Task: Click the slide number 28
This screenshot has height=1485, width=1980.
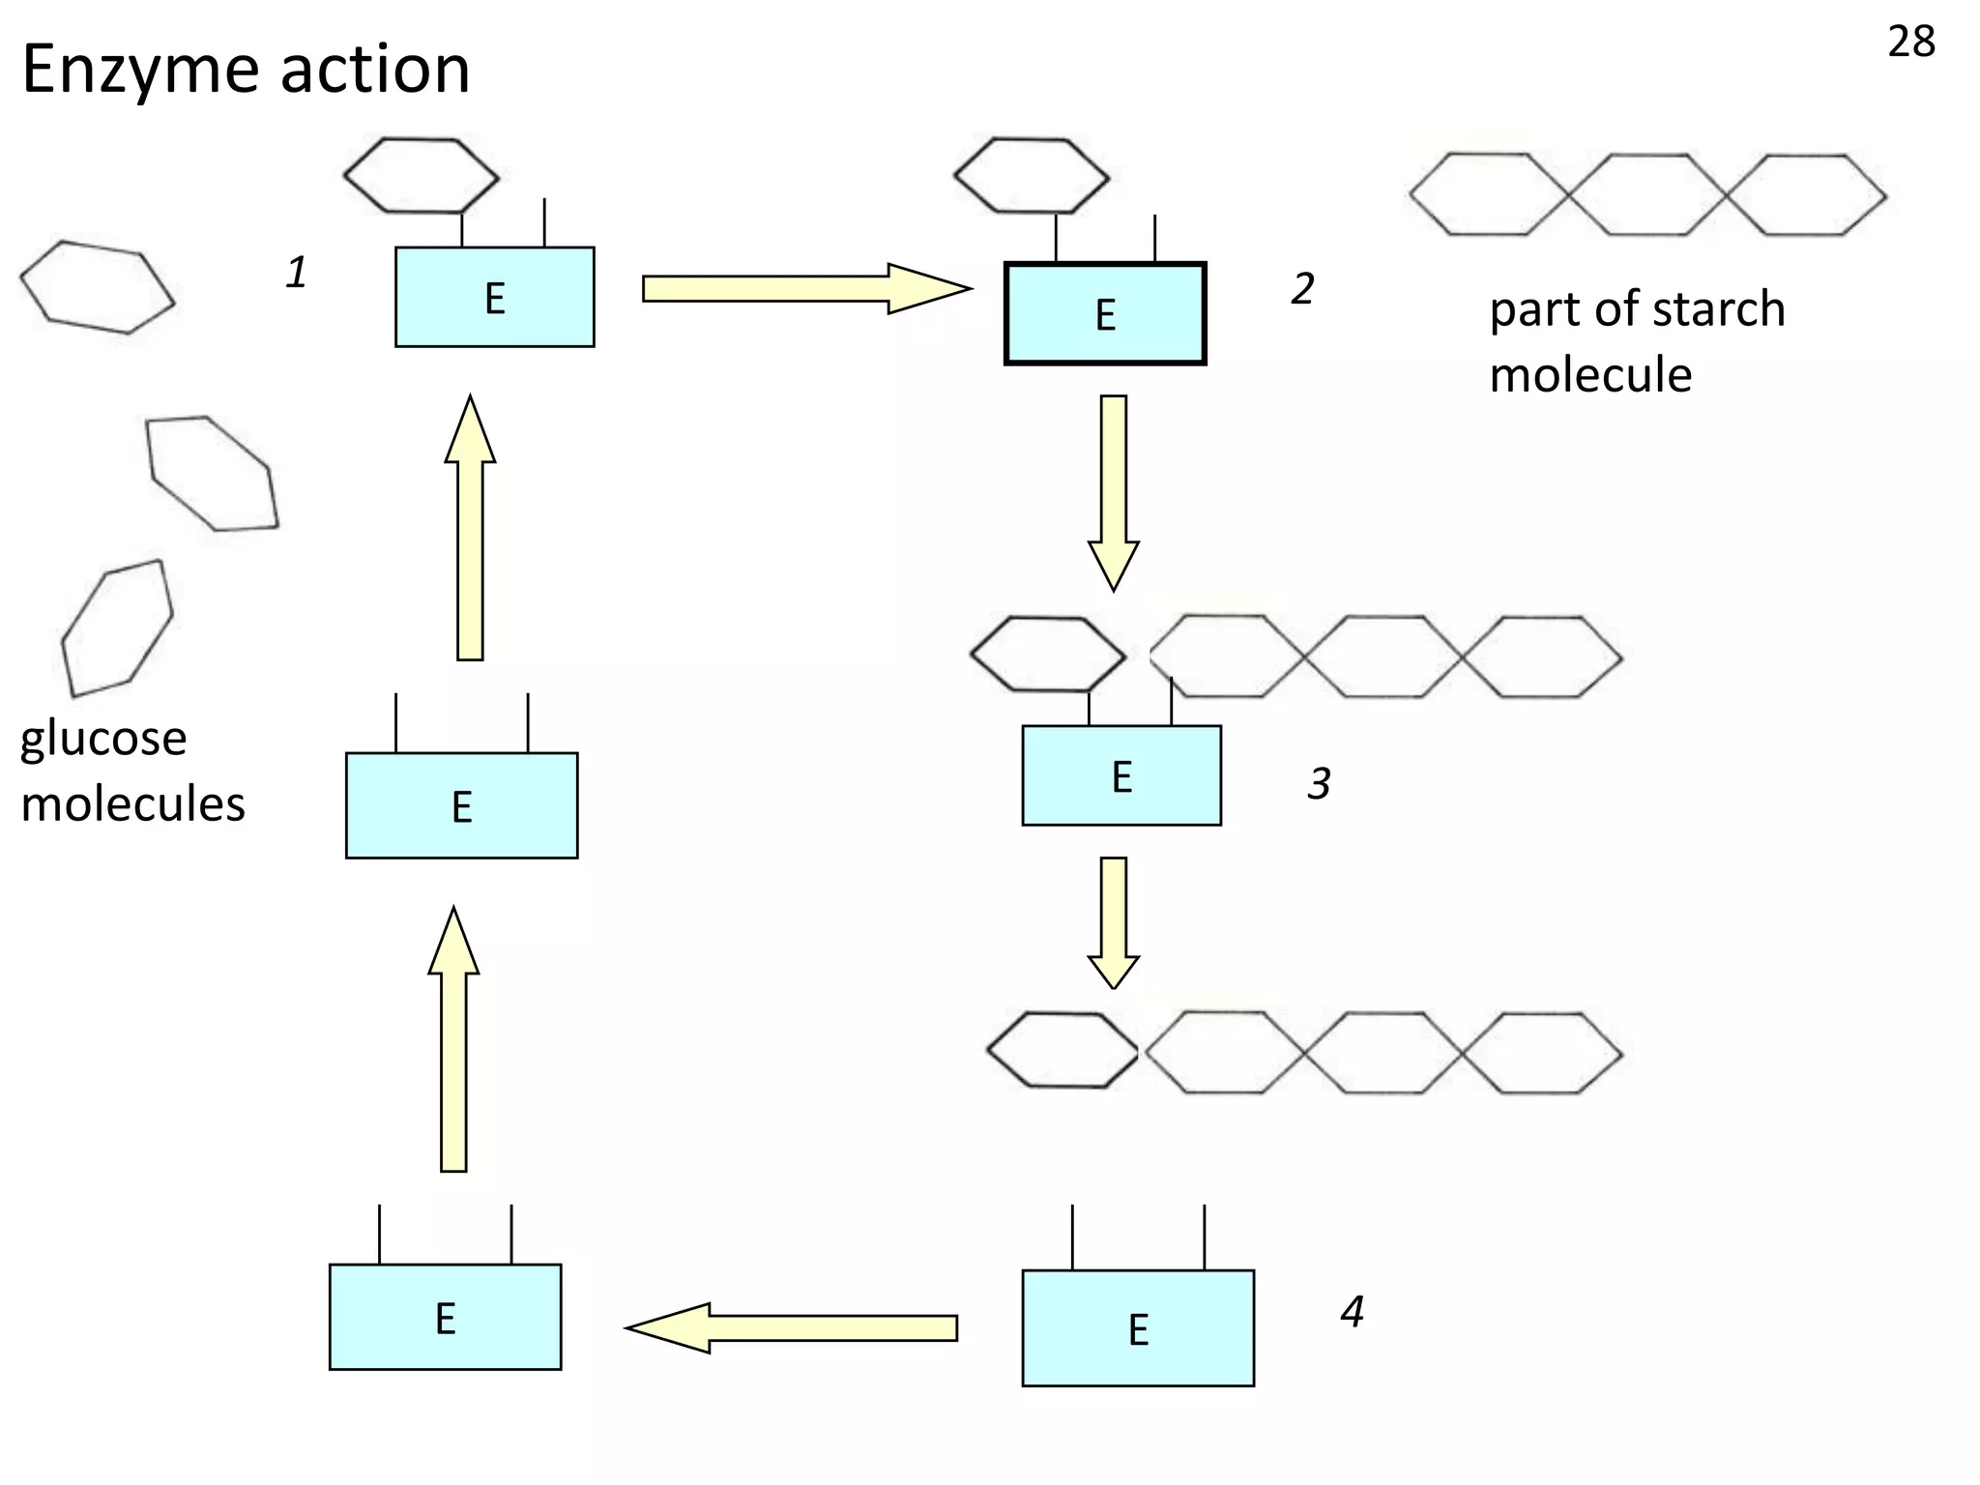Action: [x=1910, y=43]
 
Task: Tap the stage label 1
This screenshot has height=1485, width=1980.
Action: [x=296, y=273]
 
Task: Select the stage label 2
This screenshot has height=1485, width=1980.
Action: [x=1302, y=289]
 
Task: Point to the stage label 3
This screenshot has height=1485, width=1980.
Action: [x=1319, y=783]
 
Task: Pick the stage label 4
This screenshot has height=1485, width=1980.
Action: [x=1352, y=1312]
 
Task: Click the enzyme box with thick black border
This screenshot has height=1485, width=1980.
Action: [x=1105, y=314]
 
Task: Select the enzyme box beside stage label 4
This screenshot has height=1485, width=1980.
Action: [x=1138, y=1328]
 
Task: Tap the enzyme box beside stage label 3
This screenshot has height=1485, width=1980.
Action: [x=1121, y=775]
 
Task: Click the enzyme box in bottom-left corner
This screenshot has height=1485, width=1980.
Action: [x=445, y=1317]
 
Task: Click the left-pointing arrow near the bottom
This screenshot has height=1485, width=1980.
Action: [x=793, y=1327]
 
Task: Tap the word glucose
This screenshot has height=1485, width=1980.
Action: [x=103, y=739]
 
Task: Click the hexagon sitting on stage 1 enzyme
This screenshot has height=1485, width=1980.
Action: [x=421, y=175]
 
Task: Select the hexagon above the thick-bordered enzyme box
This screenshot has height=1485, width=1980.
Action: [x=1032, y=176]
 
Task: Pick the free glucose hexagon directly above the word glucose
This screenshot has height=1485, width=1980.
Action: [x=117, y=627]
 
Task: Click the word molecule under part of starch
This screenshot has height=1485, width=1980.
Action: [x=1590, y=375]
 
